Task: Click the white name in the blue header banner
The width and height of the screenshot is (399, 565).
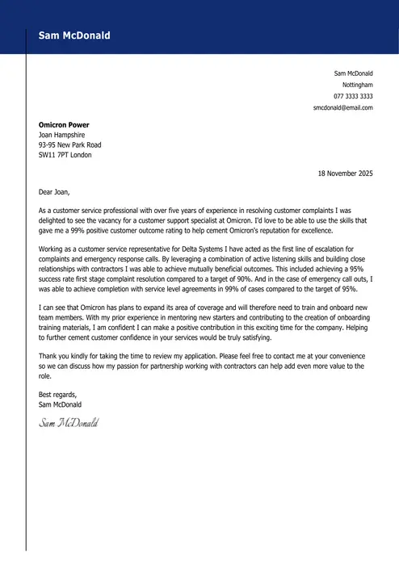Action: pyautogui.click(x=74, y=36)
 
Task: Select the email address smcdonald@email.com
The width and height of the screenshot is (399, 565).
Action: pyautogui.click(x=342, y=107)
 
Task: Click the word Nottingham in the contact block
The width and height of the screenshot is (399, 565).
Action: pyautogui.click(x=357, y=85)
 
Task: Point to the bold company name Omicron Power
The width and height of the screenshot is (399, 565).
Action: pyautogui.click(x=64, y=125)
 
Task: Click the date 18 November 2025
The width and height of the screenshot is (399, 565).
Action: pyautogui.click(x=345, y=173)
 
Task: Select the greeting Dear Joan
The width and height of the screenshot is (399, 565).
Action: pyautogui.click(x=55, y=192)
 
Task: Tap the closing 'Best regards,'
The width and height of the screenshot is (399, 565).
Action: pyautogui.click(x=59, y=394)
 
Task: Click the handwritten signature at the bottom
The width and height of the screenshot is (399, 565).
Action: pyautogui.click(x=68, y=423)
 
